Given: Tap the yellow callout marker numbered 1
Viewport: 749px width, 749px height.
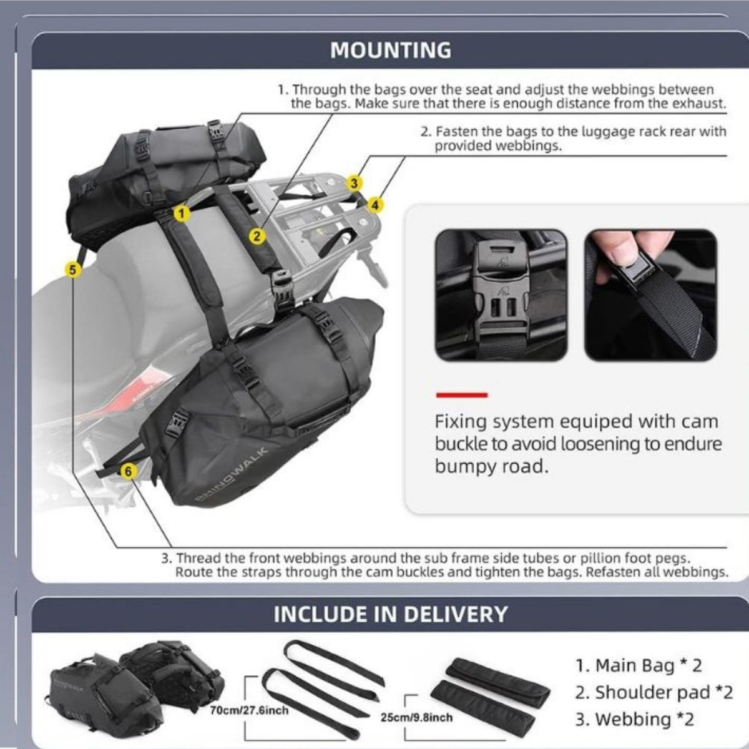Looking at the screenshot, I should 182,214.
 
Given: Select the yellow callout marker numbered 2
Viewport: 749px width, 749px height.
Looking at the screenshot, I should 257,235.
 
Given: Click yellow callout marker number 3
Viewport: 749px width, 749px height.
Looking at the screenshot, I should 354,183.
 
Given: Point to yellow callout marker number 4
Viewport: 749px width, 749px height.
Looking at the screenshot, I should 374,204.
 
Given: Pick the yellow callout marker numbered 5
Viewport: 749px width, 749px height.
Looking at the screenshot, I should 73,270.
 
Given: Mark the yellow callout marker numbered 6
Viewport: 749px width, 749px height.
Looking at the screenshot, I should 128,471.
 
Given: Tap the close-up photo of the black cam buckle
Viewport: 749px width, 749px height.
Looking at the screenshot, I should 501,295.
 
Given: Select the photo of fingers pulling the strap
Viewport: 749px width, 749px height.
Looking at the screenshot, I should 650,295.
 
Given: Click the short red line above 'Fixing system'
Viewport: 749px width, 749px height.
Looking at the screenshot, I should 461,394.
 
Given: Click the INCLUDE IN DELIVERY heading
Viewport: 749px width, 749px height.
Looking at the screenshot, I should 390,614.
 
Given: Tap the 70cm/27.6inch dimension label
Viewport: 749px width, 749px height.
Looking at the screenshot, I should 249,710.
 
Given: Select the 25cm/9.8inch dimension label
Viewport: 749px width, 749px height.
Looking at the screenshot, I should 416,717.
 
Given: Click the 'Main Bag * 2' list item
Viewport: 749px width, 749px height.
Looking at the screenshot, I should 639,665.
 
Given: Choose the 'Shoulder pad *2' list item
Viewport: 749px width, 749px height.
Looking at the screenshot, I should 654,692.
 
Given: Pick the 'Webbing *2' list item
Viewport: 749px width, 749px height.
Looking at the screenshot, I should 634,719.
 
